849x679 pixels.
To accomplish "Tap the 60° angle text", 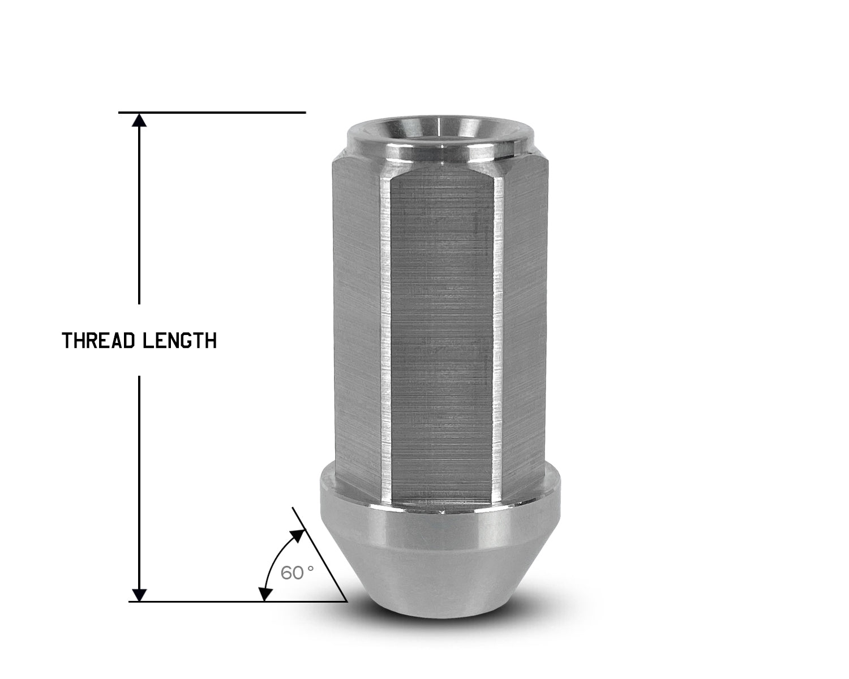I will click(297, 573).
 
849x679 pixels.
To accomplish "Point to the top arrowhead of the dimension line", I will click(139, 120).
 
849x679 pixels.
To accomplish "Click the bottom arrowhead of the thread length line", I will click(139, 594).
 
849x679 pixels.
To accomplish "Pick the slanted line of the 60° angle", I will click(320, 555).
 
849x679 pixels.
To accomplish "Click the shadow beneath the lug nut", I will click(441, 622).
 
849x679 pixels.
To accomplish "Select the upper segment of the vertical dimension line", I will click(139, 215).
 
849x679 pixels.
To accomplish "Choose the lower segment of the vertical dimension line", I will click(139, 481).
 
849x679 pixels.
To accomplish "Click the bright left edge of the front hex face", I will click(387, 339).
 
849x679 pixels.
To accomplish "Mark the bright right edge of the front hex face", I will click(499, 339).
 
